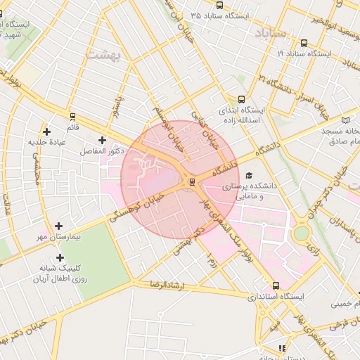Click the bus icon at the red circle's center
coord(191,183)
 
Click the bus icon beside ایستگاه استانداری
coord(276,286)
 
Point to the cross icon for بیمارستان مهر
coord(58,226)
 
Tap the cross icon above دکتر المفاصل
coord(103,141)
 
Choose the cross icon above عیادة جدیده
coord(46,131)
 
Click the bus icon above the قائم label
coord(72,117)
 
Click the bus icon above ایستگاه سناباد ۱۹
coord(304,42)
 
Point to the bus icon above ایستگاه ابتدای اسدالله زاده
coord(242,99)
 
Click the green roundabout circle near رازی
coord(301,233)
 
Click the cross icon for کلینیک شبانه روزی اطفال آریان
coord(60,257)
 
